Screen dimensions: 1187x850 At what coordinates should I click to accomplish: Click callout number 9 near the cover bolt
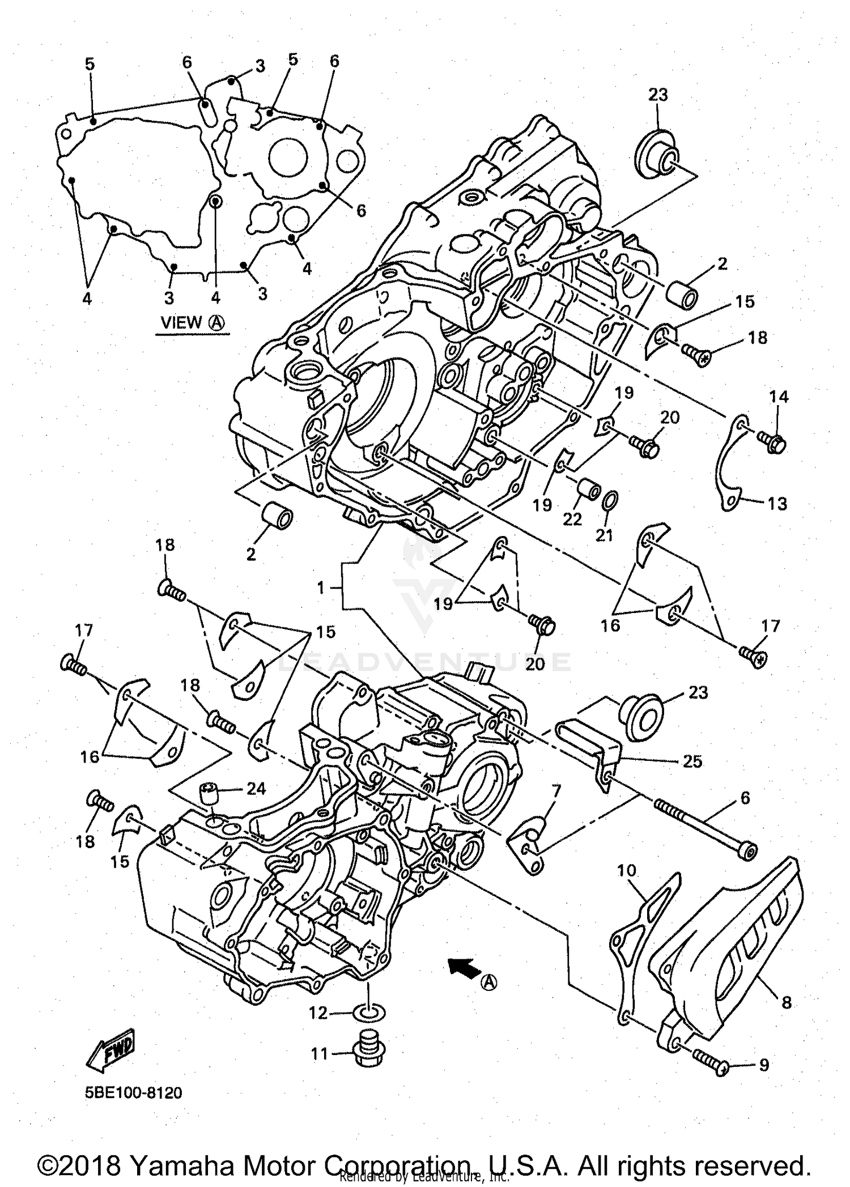tap(764, 1066)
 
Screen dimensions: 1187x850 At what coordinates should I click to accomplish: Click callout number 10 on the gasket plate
tap(627, 870)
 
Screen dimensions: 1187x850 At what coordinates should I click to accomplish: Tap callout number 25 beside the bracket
tap(692, 761)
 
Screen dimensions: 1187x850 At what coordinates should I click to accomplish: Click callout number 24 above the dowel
tap(256, 789)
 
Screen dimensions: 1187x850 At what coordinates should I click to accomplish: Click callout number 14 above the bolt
tap(779, 397)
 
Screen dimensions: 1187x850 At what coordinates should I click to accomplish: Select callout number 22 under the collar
tap(572, 519)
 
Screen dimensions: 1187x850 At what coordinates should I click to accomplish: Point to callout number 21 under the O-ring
tap(605, 534)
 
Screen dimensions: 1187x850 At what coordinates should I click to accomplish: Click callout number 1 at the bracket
tap(321, 588)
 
